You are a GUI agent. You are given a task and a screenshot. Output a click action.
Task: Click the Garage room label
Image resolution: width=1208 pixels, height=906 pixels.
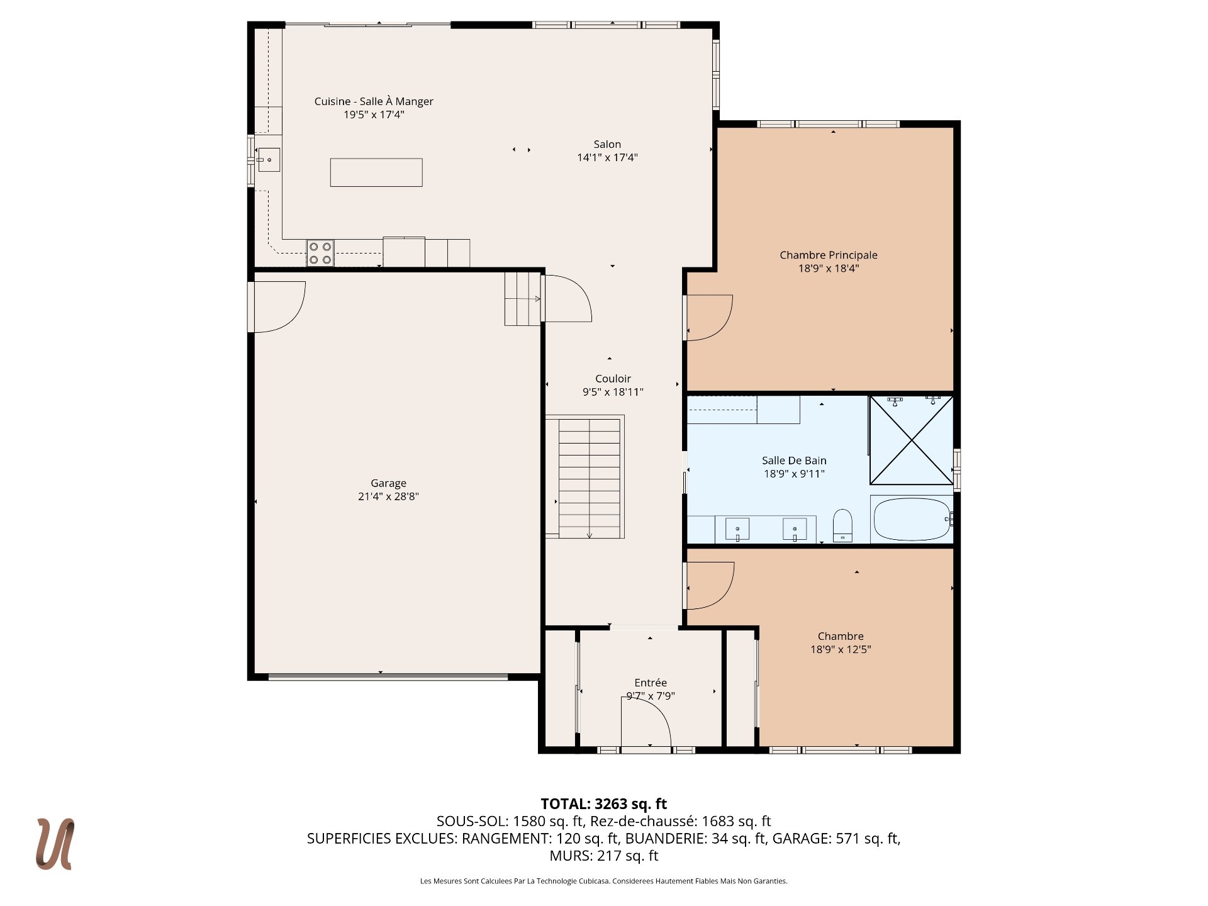[388, 483]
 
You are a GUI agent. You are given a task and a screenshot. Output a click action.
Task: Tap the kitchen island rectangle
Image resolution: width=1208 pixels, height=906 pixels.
[376, 172]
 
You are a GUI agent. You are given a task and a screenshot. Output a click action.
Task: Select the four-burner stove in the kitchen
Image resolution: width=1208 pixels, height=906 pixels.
[320, 253]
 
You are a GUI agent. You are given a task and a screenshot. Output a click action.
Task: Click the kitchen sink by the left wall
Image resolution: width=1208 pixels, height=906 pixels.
[269, 160]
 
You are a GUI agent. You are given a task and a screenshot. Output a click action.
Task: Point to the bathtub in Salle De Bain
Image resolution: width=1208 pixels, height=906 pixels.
[912, 519]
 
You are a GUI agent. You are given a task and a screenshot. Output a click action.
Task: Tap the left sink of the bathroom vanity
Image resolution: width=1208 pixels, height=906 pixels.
[737, 529]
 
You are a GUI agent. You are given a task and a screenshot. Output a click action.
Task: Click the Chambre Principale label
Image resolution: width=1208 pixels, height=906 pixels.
[829, 255]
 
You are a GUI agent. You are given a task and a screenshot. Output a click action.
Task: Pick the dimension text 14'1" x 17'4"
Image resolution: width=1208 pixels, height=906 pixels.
[607, 157]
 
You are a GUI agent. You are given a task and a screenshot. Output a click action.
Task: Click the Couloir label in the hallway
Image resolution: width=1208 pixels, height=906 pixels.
[613, 378]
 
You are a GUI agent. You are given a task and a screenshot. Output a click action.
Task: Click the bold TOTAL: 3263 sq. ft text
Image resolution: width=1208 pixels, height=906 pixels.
[604, 803]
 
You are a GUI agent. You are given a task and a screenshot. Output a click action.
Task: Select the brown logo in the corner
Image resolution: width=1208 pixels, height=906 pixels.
[55, 844]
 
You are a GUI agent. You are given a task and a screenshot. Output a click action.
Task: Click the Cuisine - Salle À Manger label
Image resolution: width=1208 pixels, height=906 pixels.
[374, 101]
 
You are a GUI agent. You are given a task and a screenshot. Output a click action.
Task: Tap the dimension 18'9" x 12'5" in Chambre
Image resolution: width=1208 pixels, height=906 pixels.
[841, 649]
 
